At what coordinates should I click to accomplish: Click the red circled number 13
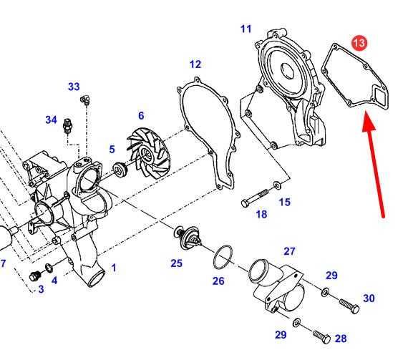point(359,42)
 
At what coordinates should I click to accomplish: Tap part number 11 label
point(246,29)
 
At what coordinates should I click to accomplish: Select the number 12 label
point(195,64)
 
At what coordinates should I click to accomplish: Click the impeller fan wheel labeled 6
point(148,157)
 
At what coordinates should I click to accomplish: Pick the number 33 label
point(74,87)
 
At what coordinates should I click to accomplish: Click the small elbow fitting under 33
point(85,99)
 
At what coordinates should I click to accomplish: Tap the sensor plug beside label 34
point(68,126)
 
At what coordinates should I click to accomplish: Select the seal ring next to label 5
point(120,169)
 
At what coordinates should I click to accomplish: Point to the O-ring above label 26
point(223,257)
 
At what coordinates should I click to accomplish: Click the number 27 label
point(290,251)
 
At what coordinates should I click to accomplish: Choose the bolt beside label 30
point(349,306)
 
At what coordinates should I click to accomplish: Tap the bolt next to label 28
point(321,336)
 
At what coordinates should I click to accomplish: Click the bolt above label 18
point(256,198)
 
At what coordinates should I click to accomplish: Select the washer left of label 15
point(276,185)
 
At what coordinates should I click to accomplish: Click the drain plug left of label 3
point(35,276)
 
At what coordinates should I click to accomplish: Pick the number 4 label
point(54,281)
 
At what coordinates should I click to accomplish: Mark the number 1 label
point(113,268)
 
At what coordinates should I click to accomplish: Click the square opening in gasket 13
point(381,97)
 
